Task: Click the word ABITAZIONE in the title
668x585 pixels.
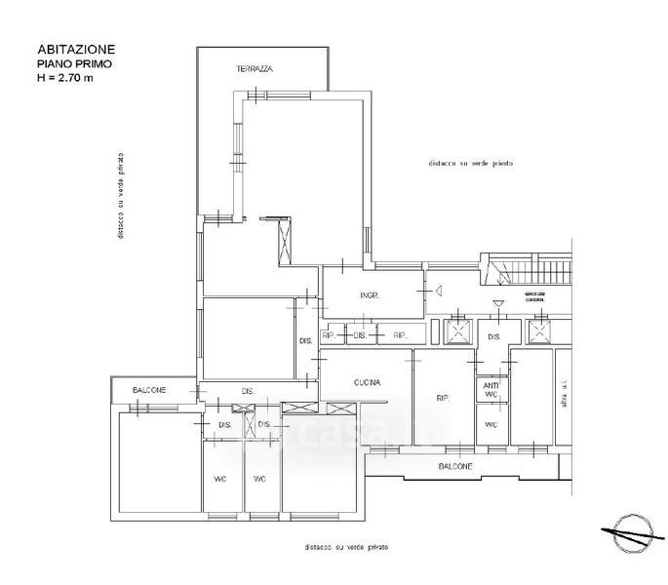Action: (x=77, y=48)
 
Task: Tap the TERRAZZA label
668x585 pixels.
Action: (x=255, y=70)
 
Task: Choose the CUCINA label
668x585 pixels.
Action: (x=367, y=382)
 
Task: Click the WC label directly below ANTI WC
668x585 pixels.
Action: (x=491, y=425)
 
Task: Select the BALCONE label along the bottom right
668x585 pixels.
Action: (x=455, y=467)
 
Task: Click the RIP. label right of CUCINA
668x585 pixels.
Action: (x=442, y=398)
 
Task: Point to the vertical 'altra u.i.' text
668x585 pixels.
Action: (x=564, y=399)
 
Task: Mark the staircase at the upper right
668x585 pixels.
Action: (x=527, y=269)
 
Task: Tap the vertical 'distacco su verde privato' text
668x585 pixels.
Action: (x=119, y=195)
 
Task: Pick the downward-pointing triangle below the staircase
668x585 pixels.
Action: (x=499, y=303)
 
